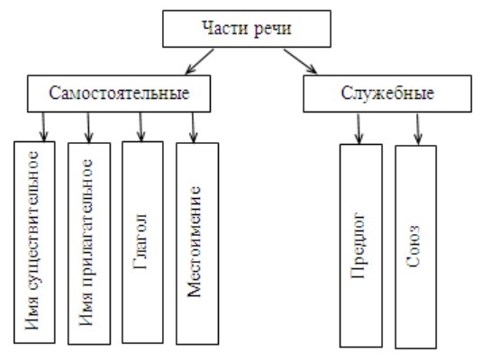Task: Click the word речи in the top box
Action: [273, 30]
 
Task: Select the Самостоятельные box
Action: [119, 94]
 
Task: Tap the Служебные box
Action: [387, 94]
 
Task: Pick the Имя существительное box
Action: [34, 242]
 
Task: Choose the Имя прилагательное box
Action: [89, 244]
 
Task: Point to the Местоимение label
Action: [194, 241]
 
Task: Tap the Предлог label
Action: [358, 245]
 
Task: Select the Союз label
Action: [413, 247]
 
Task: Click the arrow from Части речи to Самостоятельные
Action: [199, 61]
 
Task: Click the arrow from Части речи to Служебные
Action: [300, 61]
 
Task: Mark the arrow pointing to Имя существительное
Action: [43, 127]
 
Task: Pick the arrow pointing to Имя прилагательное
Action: [88, 128]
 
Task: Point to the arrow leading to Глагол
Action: [141, 127]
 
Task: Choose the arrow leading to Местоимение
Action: [193, 128]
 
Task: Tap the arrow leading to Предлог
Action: [358, 129]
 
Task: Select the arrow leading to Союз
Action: [418, 129]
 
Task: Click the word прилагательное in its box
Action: [86, 224]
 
